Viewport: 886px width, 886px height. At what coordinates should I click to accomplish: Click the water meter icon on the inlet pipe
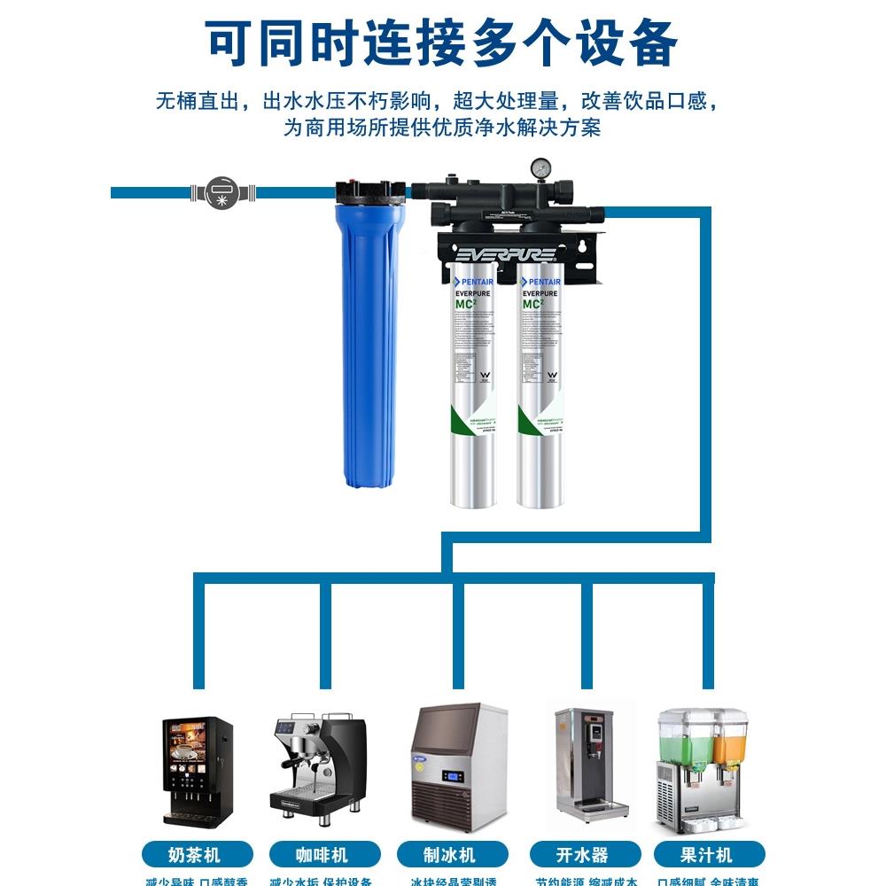click(222, 191)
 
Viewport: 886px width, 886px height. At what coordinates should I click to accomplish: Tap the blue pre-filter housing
click(370, 346)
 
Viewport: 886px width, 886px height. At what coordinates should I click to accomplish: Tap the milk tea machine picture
click(197, 771)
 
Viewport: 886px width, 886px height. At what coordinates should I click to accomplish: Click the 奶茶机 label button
click(197, 855)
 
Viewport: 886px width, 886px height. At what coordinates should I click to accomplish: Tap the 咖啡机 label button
click(322, 855)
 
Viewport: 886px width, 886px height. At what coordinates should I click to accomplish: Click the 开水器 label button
click(582, 855)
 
